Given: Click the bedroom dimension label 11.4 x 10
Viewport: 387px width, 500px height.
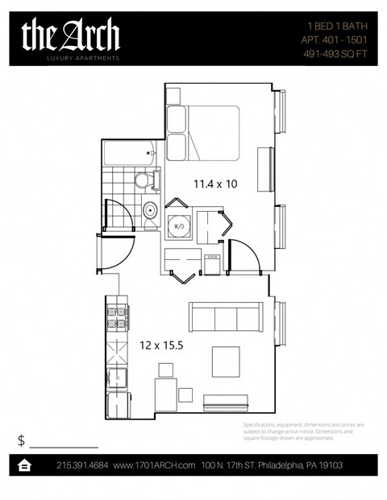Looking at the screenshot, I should pos(214,184).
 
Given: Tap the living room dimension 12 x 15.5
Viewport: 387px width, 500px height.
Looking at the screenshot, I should pos(156,345).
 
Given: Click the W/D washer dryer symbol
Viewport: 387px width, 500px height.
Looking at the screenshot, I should pos(178,227).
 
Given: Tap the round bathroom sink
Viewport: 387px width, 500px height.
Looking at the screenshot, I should pos(149,211).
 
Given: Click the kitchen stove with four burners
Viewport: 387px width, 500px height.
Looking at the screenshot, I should pos(117,316).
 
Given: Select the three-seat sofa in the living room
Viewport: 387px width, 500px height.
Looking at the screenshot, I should pos(225,316).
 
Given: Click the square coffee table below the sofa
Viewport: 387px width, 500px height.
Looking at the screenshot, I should pos(226,360).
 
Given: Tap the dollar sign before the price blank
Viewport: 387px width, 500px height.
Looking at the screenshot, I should pos(21,440).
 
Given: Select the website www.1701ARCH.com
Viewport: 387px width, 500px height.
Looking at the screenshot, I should pos(155,465).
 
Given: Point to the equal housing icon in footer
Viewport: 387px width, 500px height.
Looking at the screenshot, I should pos(25,465).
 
